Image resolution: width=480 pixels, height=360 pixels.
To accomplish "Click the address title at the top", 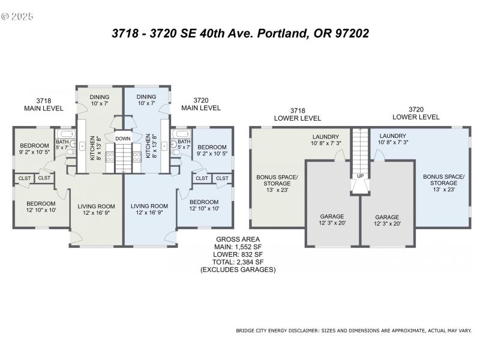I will click(x=240, y=34).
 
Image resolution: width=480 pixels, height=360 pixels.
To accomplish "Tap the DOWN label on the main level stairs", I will click(x=123, y=139).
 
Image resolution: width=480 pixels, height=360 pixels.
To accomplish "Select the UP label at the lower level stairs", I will click(x=360, y=176).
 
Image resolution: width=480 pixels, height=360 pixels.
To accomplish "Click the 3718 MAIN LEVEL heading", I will click(x=44, y=104).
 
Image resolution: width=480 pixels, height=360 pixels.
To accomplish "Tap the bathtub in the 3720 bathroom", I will click(x=181, y=134).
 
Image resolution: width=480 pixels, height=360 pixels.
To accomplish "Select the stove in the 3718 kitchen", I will click(x=110, y=157).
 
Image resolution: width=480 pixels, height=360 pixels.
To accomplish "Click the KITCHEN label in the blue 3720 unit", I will click(x=148, y=147).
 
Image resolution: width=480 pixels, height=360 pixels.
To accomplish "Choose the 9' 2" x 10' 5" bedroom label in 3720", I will click(x=212, y=151).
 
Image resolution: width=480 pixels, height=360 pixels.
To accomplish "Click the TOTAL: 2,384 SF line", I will click(x=238, y=262).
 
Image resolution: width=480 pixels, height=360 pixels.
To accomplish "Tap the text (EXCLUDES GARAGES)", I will click(x=238, y=270).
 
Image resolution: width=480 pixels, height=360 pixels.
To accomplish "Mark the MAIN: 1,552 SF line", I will click(x=238, y=247).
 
